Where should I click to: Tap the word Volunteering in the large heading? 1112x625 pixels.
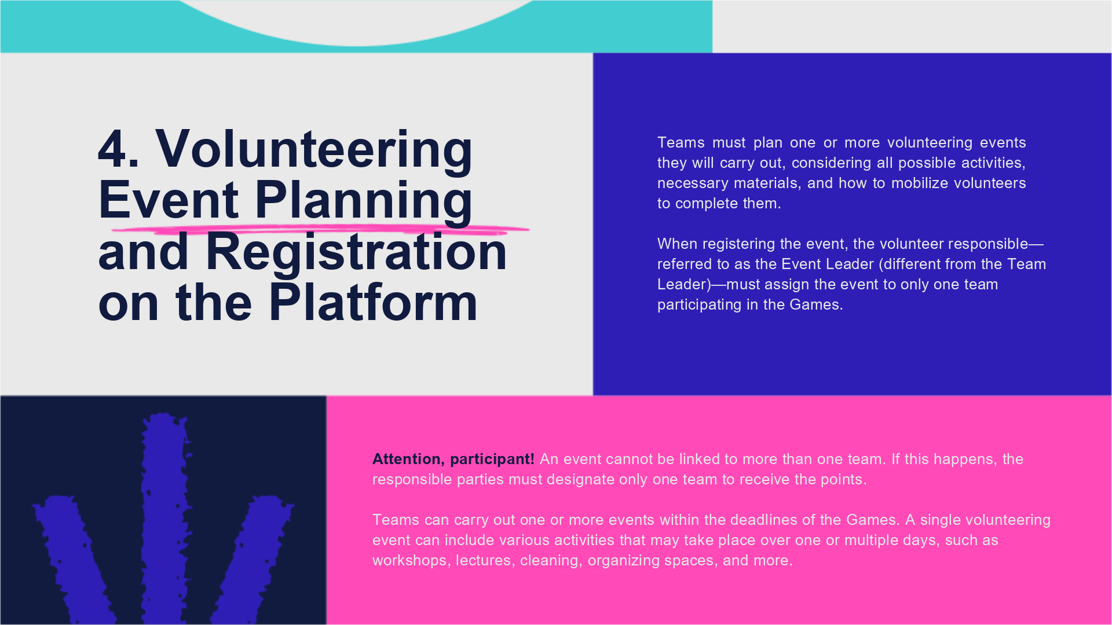314,152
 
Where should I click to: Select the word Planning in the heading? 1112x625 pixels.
364,203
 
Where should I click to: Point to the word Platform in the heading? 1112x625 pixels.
373,302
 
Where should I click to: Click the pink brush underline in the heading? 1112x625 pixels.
320,230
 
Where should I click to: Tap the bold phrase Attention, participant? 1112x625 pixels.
453,459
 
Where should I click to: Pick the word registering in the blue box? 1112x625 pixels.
739,244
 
